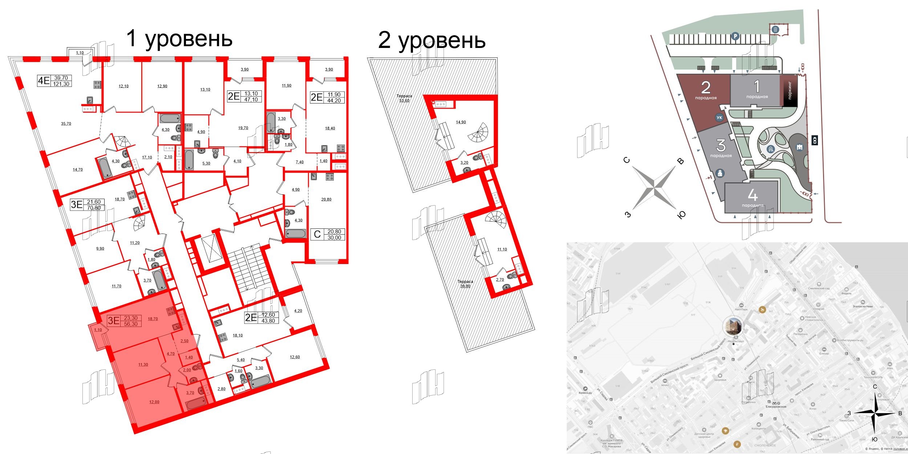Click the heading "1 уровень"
[179, 39]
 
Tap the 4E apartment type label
[44, 81]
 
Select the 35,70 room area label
[66, 124]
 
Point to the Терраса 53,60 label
[404, 98]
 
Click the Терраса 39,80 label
[465, 284]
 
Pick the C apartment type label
[317, 234]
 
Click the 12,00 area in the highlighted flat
[154, 402]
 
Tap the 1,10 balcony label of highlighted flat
[98, 330]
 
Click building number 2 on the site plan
[705, 88]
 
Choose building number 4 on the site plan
[753, 196]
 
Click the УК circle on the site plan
[719, 118]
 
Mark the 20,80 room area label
[326, 199]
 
